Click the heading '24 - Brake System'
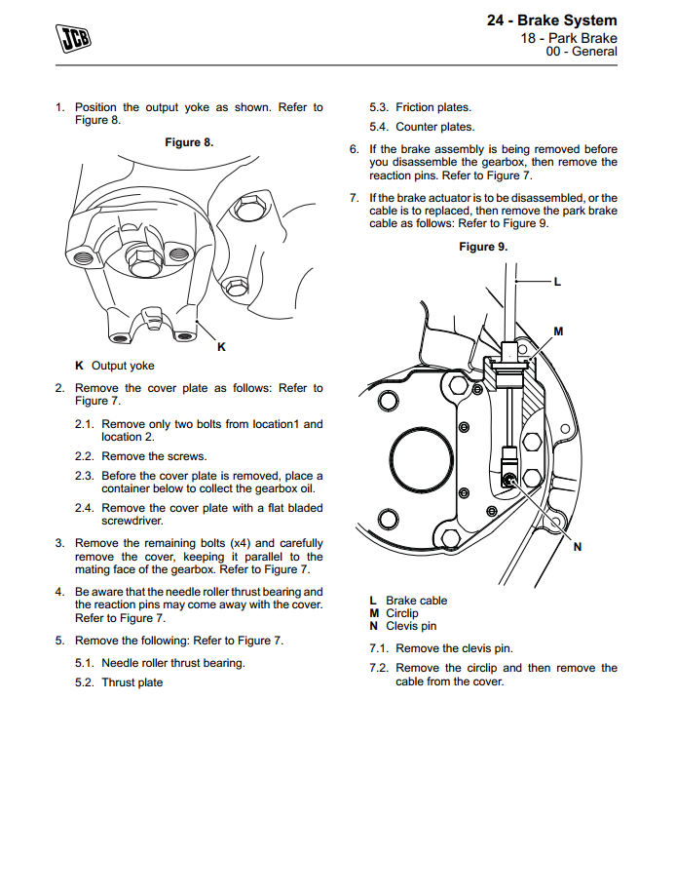[551, 20]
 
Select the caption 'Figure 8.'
[189, 142]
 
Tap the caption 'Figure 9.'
[483, 247]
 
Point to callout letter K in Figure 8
[221, 346]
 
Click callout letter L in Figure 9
[557, 283]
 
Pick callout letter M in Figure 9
[558, 331]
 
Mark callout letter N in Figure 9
[577, 546]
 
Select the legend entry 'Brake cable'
[416, 601]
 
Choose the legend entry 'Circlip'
[402, 613]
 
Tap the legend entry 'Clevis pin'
[411, 626]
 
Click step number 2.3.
[85, 476]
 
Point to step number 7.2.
[379, 668]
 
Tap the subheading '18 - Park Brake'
[568, 38]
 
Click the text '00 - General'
[582, 52]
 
